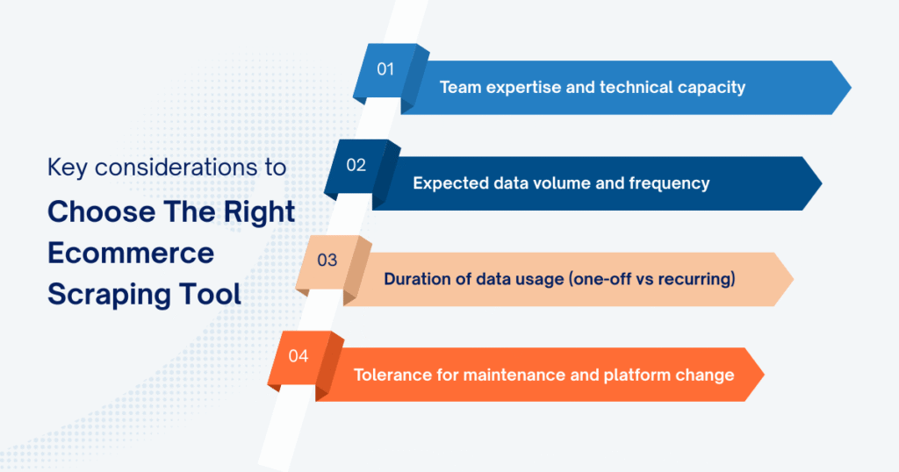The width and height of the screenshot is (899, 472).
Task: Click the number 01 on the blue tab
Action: coord(385,69)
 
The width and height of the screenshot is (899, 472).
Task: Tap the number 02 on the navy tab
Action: coord(356,165)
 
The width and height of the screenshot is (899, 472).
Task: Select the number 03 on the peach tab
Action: coord(327,261)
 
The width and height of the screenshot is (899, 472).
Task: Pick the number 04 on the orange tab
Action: coord(298,356)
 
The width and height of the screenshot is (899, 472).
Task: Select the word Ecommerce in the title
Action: coord(130,253)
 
